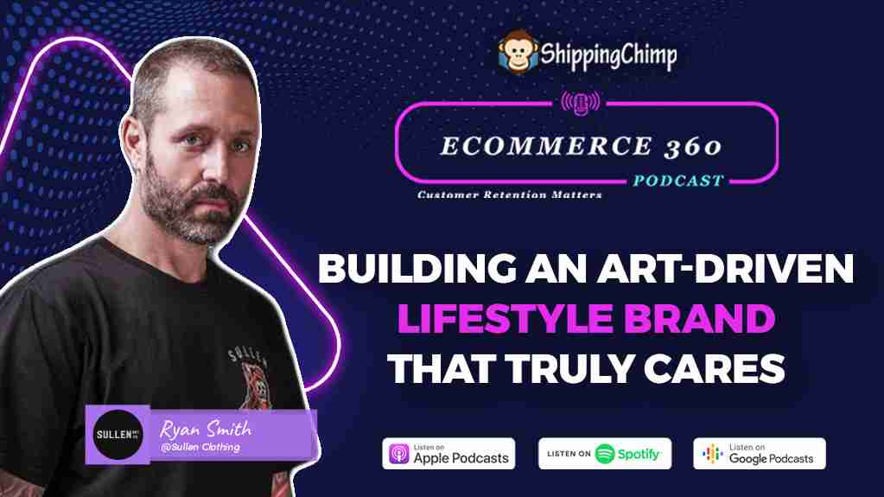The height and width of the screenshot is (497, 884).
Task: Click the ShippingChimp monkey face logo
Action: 518,53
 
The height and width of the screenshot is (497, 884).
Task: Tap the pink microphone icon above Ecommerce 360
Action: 580,103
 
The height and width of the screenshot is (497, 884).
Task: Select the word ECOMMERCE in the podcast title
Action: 546,147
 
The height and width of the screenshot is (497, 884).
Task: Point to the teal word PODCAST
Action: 678,181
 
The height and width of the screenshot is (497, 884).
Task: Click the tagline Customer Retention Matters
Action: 510,194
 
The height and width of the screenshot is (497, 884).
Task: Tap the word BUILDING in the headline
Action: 417,268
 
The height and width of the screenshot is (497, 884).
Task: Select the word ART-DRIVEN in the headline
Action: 726,268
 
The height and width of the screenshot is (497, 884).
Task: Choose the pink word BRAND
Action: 700,319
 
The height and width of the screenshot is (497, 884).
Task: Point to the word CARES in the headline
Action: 715,369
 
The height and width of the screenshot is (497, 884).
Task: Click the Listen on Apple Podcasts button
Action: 448,454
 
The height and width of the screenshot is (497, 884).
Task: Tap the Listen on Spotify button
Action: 605,454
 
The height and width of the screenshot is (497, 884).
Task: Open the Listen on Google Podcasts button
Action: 760,454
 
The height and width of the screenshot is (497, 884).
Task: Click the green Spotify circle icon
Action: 605,454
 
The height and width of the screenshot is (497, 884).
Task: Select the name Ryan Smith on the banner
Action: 206,430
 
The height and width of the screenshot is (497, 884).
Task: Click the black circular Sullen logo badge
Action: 118,435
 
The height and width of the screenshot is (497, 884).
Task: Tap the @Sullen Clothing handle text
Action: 200,448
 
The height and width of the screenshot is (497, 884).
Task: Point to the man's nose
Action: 219,161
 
